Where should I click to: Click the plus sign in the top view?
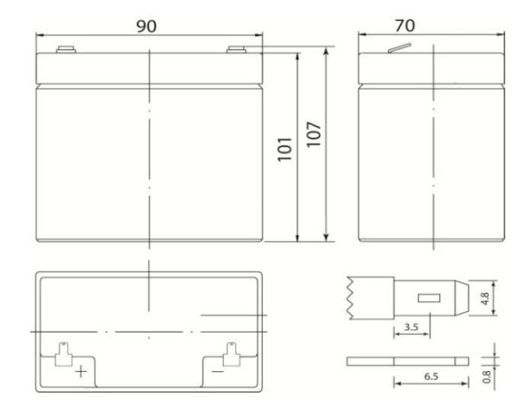point(80,374)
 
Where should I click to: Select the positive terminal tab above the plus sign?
point(63,352)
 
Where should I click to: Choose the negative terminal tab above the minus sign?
point(230,352)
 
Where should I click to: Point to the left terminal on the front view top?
point(63,49)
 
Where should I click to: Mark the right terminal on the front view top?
point(234,49)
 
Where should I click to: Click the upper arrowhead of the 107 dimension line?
point(327,52)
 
